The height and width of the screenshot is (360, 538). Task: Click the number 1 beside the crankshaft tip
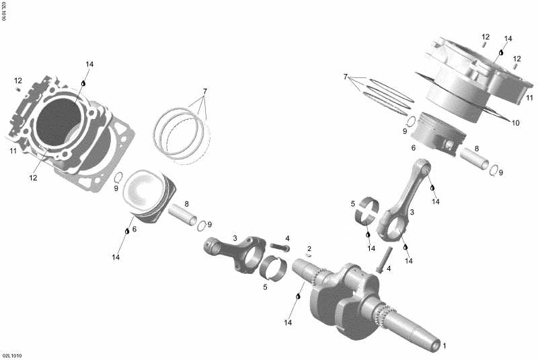point(444,346)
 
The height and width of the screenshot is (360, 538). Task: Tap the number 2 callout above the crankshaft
point(309,248)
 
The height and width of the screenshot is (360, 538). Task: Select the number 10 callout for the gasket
point(516,122)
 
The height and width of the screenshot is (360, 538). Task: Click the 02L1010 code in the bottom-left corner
point(11,355)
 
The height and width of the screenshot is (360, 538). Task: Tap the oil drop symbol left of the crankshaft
point(298,296)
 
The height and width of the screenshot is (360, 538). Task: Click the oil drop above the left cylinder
point(84,82)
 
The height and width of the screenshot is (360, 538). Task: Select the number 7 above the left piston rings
point(205,91)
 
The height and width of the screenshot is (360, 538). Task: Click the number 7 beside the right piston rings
point(345,77)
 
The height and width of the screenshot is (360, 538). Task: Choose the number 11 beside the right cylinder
point(529,98)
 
